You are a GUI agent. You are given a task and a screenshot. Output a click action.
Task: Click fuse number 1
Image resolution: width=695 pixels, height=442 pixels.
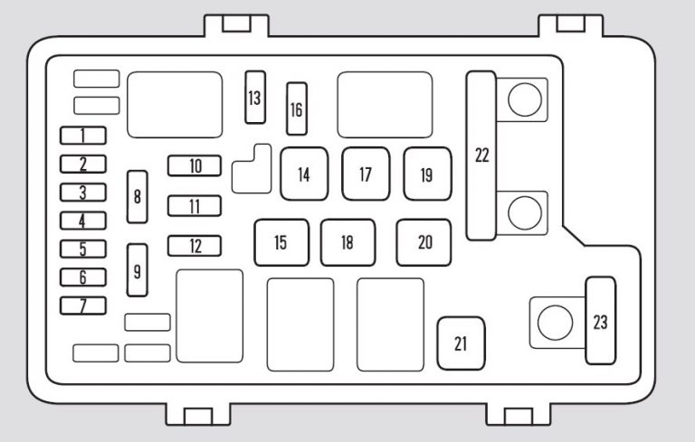[x=83, y=136]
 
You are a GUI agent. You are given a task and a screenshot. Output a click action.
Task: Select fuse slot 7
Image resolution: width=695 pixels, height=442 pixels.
[x=83, y=306]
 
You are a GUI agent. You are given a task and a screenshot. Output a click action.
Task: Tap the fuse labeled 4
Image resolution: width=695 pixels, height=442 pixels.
[x=83, y=221]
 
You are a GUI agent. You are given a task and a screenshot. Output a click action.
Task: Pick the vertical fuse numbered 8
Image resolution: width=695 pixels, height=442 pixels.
[x=138, y=197]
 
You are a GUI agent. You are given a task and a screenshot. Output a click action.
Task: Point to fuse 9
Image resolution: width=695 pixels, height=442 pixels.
[x=138, y=270]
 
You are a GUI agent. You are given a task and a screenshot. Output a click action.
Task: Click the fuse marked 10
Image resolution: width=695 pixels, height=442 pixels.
[x=195, y=165]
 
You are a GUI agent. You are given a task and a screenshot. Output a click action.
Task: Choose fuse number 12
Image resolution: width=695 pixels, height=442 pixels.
[x=195, y=246]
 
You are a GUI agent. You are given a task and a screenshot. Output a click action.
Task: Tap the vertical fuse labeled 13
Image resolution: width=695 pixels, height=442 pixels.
[x=255, y=98]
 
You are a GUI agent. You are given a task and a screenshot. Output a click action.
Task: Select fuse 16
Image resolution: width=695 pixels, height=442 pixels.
[x=297, y=108]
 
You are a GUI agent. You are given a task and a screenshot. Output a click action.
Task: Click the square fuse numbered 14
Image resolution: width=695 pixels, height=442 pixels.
[x=304, y=174]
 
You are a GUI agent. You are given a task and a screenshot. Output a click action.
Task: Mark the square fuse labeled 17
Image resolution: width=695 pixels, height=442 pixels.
[x=366, y=174]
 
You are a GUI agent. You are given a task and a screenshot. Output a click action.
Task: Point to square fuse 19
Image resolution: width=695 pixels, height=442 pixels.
[x=427, y=174]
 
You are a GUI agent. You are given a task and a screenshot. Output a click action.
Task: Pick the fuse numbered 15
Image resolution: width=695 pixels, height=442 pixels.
[x=281, y=243]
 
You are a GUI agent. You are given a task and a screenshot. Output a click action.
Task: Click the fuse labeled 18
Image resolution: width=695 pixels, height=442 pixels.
[x=347, y=243]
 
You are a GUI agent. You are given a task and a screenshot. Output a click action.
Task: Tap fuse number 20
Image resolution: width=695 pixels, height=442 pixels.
[x=424, y=243]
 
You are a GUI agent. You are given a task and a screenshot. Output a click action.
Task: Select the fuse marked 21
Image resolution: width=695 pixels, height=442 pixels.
[x=461, y=343]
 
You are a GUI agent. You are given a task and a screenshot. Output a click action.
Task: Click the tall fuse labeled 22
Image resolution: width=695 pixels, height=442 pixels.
[x=481, y=155]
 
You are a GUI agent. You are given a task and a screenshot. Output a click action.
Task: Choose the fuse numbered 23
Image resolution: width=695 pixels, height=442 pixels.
[x=601, y=321]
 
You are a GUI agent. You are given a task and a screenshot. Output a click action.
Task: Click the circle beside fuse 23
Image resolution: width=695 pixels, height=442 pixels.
[x=555, y=323]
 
